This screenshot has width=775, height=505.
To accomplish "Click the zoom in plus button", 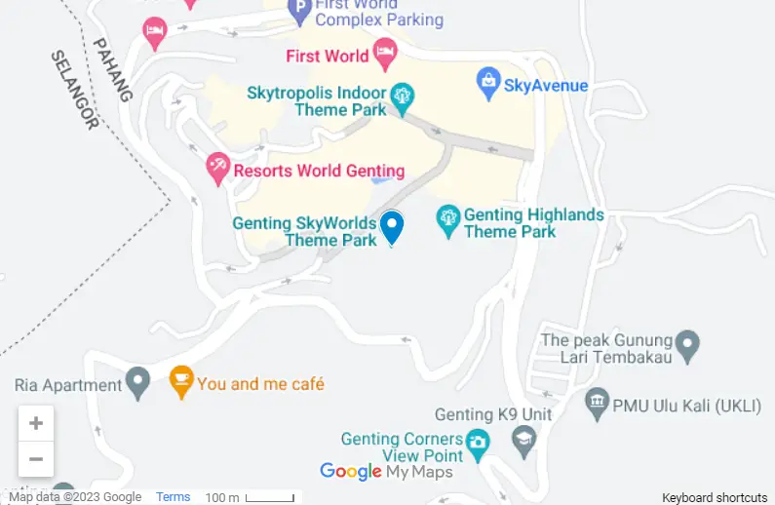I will (x=36, y=423).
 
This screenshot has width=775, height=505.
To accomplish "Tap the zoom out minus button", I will (x=36, y=458).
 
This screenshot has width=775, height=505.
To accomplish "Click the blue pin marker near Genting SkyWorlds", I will (x=392, y=227).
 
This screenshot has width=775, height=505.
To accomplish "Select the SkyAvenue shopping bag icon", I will (x=487, y=84).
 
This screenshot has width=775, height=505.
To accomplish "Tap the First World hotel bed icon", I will (x=386, y=55).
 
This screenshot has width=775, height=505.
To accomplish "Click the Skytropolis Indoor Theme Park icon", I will (x=402, y=97).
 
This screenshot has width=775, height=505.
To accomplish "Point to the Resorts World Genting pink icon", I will (x=218, y=170).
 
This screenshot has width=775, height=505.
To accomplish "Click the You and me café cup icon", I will (x=180, y=381).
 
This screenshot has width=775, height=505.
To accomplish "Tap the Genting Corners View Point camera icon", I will (x=477, y=444).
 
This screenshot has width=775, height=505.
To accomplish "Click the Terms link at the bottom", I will (x=174, y=497).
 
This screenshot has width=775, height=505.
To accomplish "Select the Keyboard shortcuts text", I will (x=715, y=497).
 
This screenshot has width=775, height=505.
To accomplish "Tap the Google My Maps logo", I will (x=387, y=472).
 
